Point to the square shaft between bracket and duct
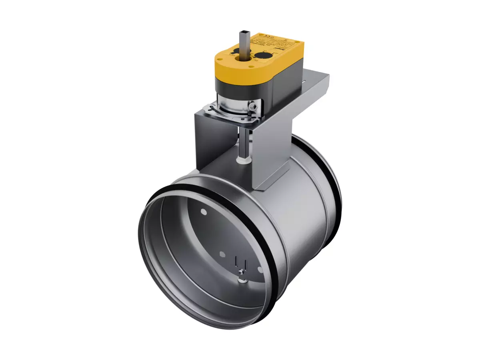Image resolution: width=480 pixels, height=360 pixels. (243, 144)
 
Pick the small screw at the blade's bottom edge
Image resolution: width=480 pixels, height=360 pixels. (240, 272)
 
